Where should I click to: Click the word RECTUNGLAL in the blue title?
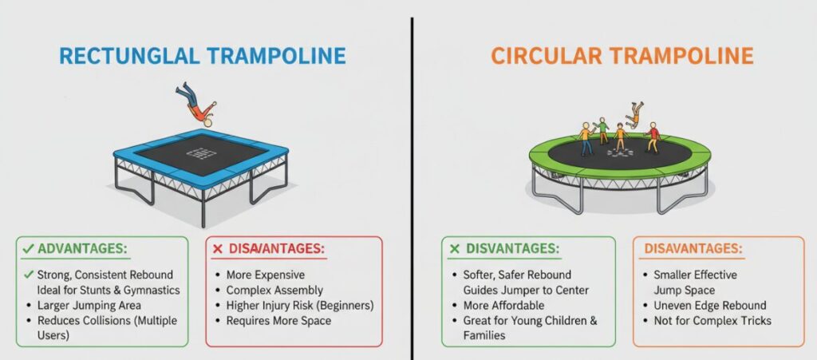click(129, 56)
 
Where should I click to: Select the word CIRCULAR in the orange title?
click(546, 56)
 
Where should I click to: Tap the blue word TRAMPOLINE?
click(276, 56)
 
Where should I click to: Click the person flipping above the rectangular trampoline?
click(196, 105)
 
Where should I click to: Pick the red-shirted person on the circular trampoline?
click(653, 137)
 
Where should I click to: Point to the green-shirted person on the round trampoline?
click(603, 130)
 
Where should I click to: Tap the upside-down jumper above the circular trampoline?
click(633, 115)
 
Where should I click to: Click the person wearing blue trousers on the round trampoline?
click(586, 139)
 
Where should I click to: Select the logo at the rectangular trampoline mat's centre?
click(201, 154)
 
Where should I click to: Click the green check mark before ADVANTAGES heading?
click(28, 250)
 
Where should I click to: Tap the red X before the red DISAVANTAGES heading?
click(218, 250)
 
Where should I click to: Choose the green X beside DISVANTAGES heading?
click(454, 249)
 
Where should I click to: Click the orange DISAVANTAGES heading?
click(693, 248)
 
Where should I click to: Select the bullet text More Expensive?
click(265, 275)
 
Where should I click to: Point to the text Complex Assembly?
click(274, 291)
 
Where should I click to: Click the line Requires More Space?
click(278, 320)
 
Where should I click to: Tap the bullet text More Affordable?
click(503, 305)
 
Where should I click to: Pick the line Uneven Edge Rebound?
click(710, 305)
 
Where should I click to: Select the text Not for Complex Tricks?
click(712, 320)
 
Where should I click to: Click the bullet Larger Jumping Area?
click(89, 305)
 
